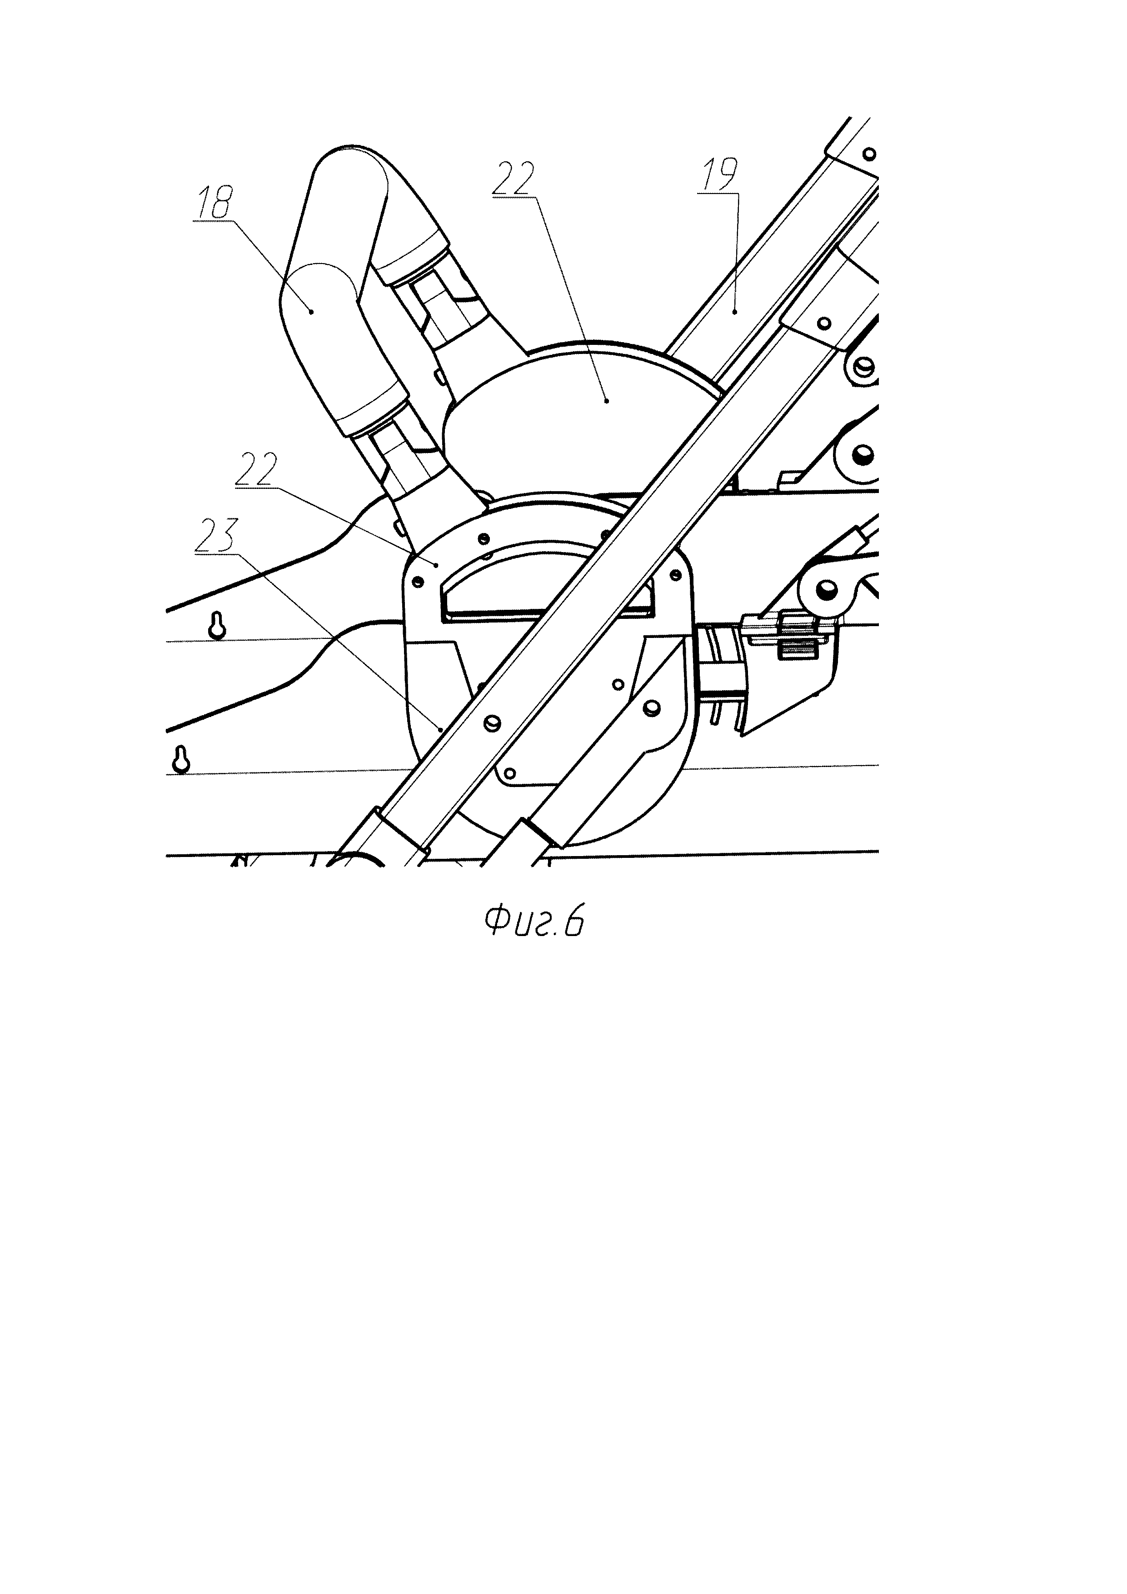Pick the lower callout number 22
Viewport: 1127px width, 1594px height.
[x=255, y=470]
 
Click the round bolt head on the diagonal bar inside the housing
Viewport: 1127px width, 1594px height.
[x=493, y=723]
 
